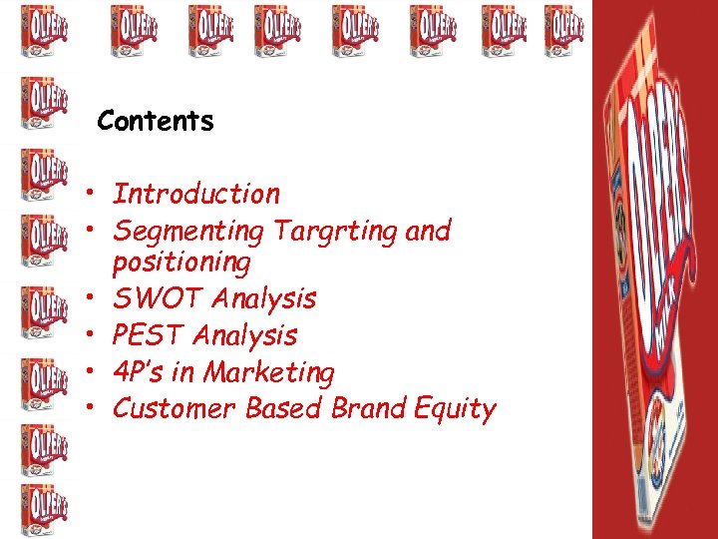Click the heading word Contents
(156, 122)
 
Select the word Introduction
(196, 194)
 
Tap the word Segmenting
(188, 232)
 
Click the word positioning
(181, 263)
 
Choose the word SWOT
(156, 298)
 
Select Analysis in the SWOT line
(264, 298)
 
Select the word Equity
(455, 409)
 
